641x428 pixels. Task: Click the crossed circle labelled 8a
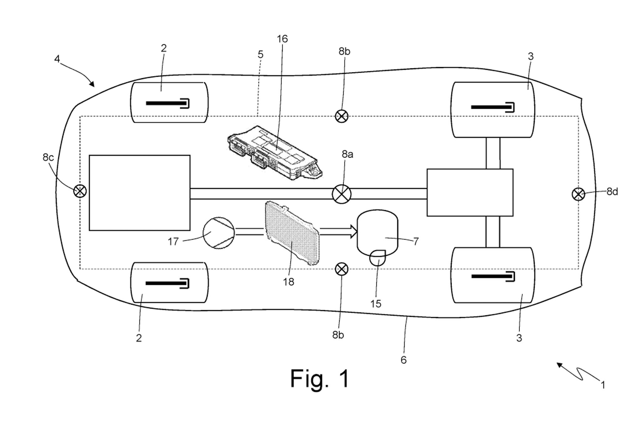pyautogui.click(x=341, y=194)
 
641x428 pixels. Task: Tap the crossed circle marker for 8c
pyautogui.click(x=80, y=191)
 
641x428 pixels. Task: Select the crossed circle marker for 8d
pyautogui.click(x=578, y=194)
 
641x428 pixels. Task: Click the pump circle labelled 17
pyautogui.click(x=218, y=233)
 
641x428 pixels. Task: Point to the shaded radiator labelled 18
pyautogui.click(x=292, y=234)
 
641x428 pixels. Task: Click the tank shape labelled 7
pyautogui.click(x=377, y=232)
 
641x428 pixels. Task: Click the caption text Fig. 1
pyautogui.click(x=319, y=379)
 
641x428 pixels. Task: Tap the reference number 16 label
pyautogui.click(x=282, y=39)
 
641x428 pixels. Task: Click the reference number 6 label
pyautogui.click(x=403, y=360)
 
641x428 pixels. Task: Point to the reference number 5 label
pyautogui.click(x=260, y=55)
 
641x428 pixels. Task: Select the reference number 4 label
pyautogui.click(x=57, y=59)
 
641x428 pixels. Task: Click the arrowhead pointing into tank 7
pyautogui.click(x=354, y=231)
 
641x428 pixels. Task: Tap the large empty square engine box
pyautogui.click(x=140, y=193)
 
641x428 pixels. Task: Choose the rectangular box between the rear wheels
pyautogui.click(x=470, y=192)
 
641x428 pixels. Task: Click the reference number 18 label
pyautogui.click(x=288, y=282)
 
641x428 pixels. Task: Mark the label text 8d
pyautogui.click(x=612, y=192)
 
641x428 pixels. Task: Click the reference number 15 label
pyautogui.click(x=376, y=304)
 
